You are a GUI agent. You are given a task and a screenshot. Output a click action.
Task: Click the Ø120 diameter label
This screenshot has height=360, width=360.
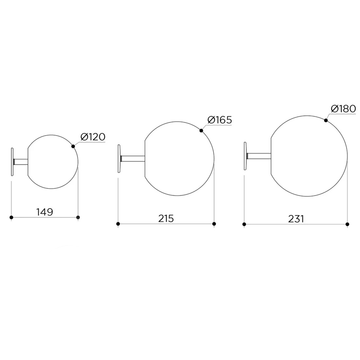93,137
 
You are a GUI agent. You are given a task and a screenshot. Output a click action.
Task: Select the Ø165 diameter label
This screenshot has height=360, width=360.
219,120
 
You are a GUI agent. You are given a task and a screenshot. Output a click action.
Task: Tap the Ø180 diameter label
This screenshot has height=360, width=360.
343,108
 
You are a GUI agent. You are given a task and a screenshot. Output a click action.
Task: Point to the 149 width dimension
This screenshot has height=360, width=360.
45,212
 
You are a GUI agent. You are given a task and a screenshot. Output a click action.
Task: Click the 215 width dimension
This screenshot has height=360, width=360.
166,219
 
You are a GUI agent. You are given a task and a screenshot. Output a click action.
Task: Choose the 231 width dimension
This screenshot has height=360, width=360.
296,219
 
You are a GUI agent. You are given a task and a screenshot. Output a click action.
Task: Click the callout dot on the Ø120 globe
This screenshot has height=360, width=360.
73,146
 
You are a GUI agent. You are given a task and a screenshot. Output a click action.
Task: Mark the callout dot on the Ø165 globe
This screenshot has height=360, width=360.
201,131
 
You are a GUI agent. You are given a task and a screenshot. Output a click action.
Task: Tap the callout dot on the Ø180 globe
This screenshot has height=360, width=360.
326,120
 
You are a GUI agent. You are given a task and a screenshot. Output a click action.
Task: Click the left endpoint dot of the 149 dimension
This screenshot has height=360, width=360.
11,217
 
